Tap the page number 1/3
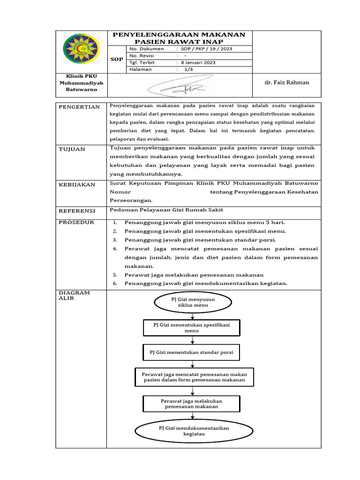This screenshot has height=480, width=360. click(x=188, y=69)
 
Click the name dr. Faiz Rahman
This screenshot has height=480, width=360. click(x=287, y=82)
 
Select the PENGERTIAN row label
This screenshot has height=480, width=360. click(x=79, y=107)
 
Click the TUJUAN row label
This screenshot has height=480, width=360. click(x=72, y=149)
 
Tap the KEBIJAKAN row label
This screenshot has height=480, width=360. click(x=77, y=184)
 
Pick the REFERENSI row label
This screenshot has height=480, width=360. click(x=77, y=211)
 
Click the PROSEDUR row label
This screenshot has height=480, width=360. click(x=76, y=222)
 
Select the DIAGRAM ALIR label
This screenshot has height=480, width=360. click(x=74, y=295)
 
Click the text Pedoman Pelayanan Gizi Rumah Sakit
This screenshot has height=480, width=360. click(x=167, y=210)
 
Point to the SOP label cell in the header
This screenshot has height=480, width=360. click(x=117, y=59)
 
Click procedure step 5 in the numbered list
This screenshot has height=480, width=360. click(x=194, y=275)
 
